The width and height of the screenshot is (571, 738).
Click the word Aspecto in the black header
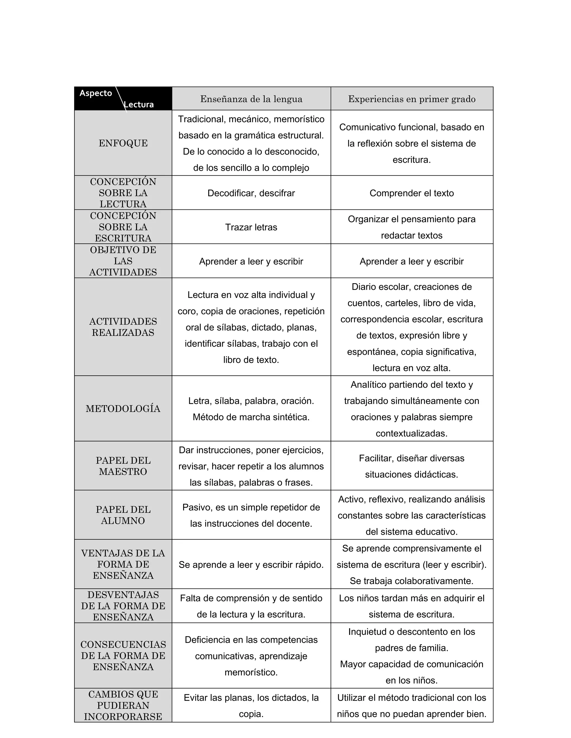[96, 93]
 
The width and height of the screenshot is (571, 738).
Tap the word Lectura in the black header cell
[139, 104]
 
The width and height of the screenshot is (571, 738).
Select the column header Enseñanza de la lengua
[251, 99]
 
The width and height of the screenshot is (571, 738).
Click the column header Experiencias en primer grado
[412, 99]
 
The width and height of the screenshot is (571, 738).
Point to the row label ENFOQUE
[123, 143]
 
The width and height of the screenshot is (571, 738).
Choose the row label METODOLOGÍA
[123, 409]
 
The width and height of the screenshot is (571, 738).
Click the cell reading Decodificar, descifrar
[251, 193]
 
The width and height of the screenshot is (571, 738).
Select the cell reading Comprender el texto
[412, 193]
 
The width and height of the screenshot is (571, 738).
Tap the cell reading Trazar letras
[251, 227]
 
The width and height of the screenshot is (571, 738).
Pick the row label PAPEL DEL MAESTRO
[123, 466]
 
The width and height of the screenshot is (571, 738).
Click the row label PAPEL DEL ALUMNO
[123, 515]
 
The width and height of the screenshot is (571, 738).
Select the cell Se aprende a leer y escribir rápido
[251, 565]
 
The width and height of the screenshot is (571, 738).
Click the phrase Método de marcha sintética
[251, 417]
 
